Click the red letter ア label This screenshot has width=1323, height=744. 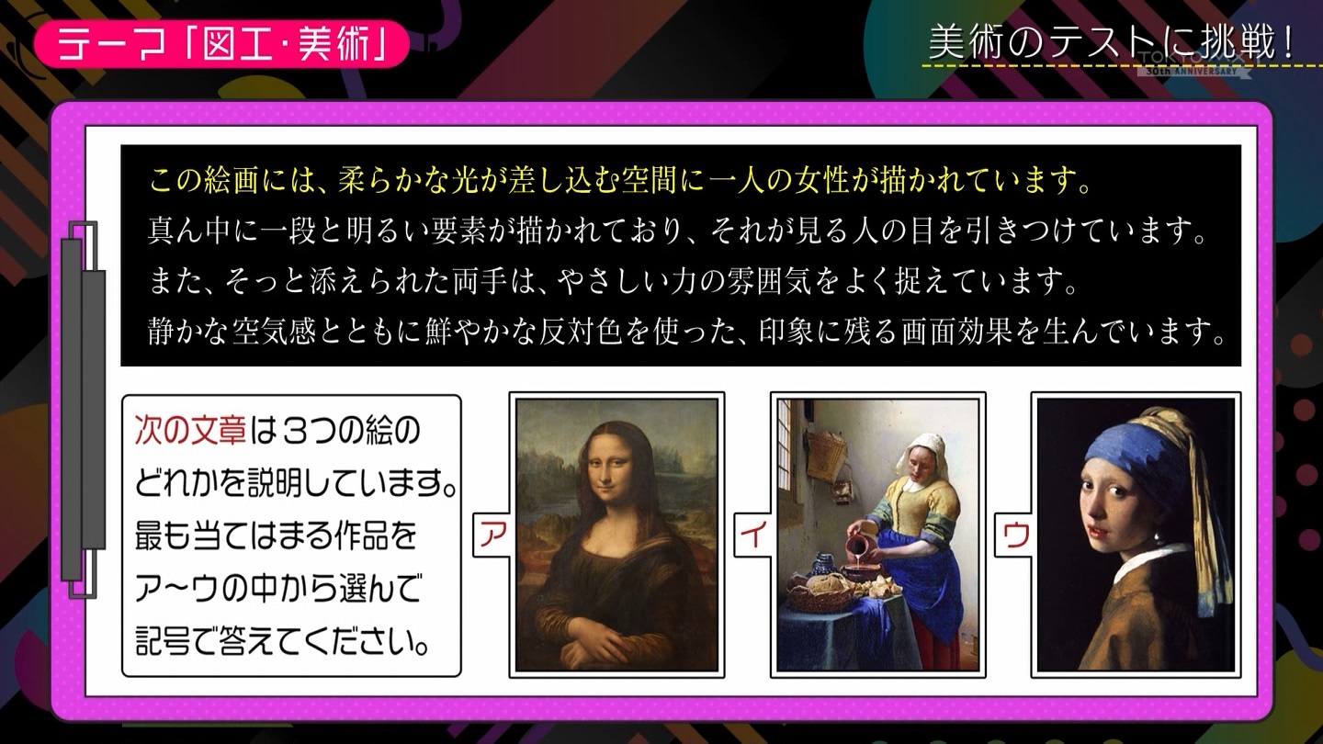click(x=493, y=535)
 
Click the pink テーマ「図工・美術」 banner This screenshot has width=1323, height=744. click(x=221, y=44)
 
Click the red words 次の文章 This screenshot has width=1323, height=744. click(x=190, y=430)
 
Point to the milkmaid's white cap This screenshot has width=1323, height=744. click(x=923, y=450)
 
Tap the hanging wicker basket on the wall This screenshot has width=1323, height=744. click(x=827, y=455)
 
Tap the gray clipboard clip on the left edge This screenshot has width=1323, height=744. click(x=84, y=410)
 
